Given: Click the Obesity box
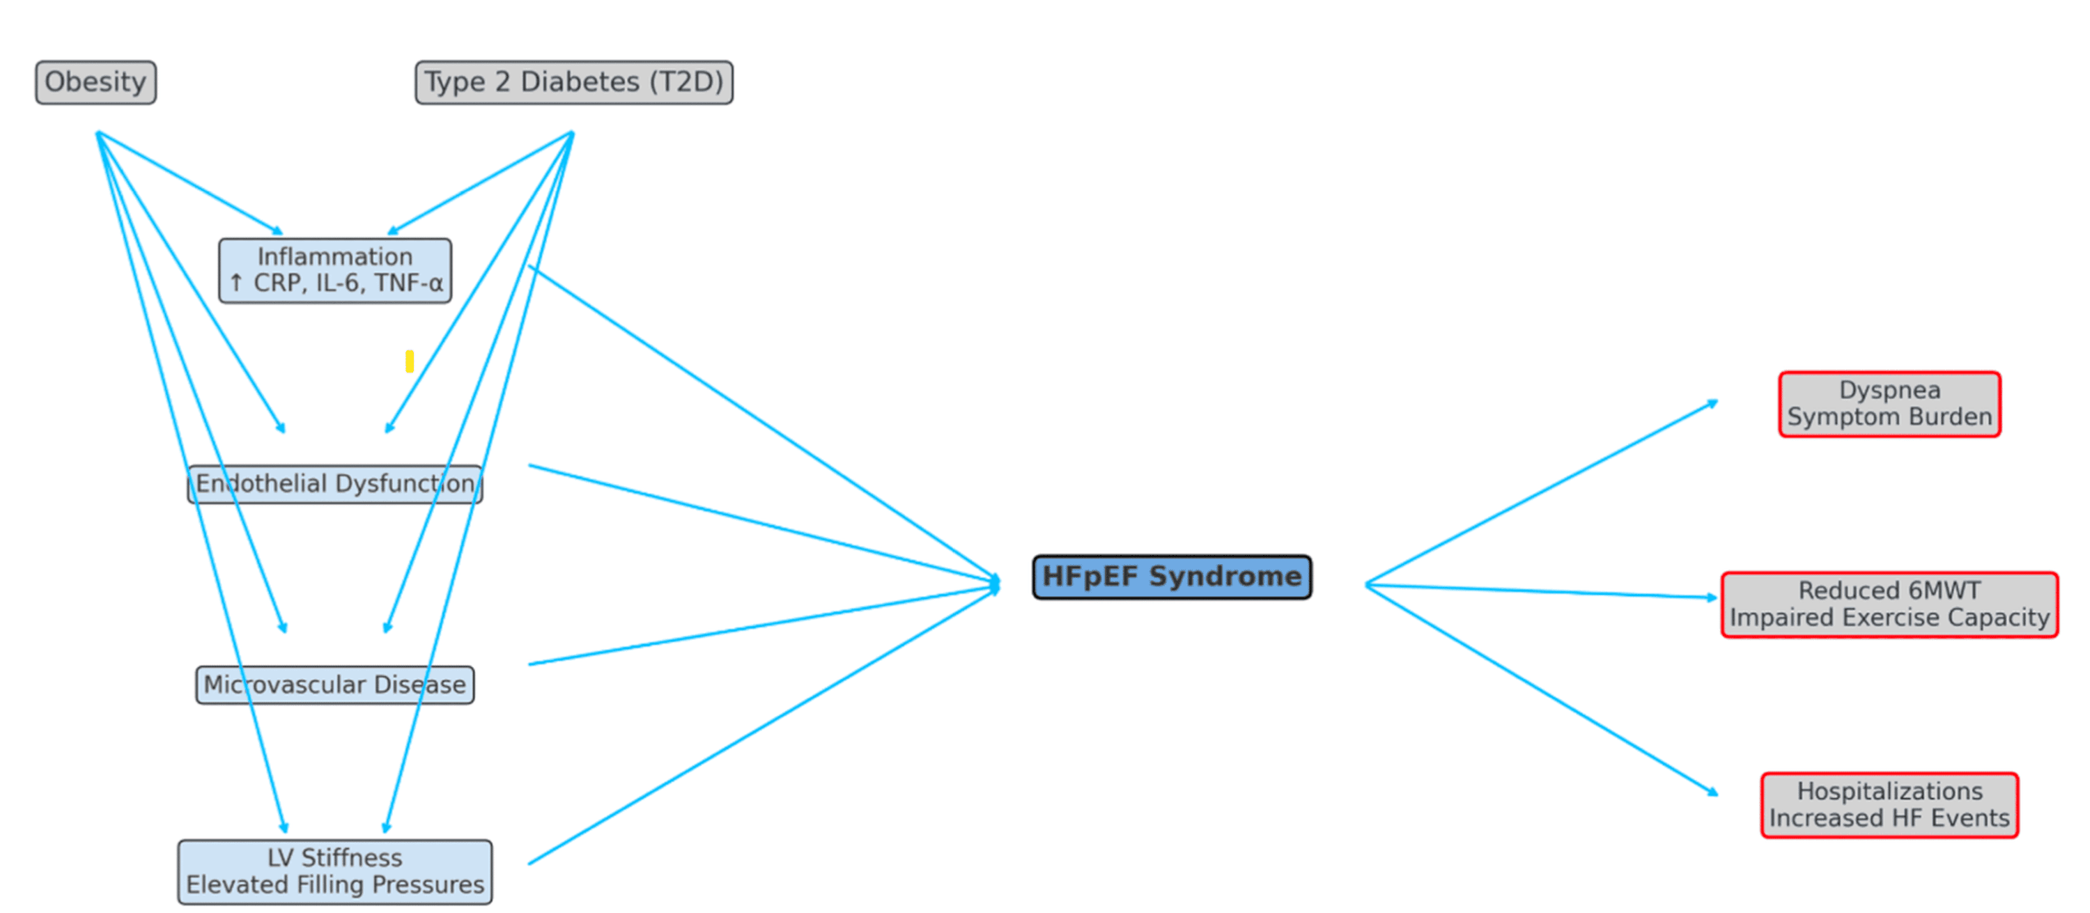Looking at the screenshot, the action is pos(95,82).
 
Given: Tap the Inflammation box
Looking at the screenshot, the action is pos(335,270).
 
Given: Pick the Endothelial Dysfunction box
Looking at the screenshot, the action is pos(335,484).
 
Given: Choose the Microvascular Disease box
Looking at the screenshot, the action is pos(335,685).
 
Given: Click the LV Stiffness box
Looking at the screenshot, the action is pos(335,872).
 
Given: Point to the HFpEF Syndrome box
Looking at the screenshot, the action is pos(1172,577).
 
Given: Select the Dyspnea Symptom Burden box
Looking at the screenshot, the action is pos(1889,404).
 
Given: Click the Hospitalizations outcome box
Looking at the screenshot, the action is pos(1889,805).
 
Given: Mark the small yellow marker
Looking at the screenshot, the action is pos(410,361).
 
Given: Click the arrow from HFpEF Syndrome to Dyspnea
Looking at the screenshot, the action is pos(1542,492).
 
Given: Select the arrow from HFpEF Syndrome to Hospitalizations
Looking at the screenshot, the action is pos(1542,690).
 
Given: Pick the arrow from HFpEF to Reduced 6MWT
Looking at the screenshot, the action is pos(1542,591).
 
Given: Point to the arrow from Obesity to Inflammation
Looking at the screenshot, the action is pos(190,183).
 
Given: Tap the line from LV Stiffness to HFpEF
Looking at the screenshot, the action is pos(764,726).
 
